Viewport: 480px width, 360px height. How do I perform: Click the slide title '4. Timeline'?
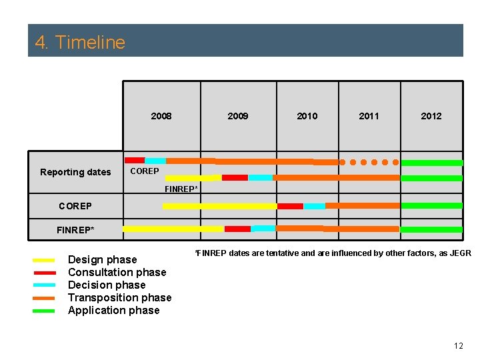[80, 42]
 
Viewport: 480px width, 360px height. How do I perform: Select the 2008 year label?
[161, 116]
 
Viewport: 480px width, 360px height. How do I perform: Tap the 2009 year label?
[238, 116]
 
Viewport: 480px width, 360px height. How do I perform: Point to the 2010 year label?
[307, 116]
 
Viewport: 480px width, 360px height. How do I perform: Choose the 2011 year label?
[369, 116]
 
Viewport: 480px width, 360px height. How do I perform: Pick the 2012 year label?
[431, 116]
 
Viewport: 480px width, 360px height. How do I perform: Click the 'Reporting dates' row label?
[75, 172]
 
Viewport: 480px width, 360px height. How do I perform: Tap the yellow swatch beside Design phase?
[43, 260]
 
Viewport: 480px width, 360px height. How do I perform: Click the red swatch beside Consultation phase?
[43, 273]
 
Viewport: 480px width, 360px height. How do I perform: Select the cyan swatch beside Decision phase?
[43, 285]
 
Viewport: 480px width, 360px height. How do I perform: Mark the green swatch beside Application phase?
[43, 311]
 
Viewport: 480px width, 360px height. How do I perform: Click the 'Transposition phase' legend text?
[119, 297]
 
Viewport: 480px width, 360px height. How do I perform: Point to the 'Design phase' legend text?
[102, 259]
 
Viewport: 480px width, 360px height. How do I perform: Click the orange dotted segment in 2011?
[369, 162]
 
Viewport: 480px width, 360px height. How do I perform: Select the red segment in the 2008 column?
[135, 160]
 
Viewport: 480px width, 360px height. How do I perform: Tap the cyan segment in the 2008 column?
[155, 161]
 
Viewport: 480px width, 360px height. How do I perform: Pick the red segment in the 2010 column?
[290, 206]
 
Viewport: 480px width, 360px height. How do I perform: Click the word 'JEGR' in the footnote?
[461, 253]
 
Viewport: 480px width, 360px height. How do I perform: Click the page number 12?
[458, 345]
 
